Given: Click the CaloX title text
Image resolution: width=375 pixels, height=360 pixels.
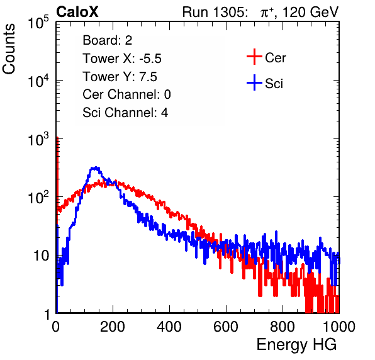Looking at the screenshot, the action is (x=77, y=12).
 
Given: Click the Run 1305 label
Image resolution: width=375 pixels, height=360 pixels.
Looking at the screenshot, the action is (x=215, y=12).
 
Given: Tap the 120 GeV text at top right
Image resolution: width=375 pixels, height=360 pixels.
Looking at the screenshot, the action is (x=311, y=12).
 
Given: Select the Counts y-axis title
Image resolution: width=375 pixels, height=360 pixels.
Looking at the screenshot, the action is (x=9, y=49).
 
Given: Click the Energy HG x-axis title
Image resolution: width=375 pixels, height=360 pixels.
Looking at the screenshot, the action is (x=296, y=345).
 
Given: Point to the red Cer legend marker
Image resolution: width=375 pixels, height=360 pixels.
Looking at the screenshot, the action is (x=254, y=57).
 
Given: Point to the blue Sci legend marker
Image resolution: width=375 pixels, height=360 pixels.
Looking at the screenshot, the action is (x=254, y=82).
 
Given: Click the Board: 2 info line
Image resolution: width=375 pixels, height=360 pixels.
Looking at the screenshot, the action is (x=108, y=40).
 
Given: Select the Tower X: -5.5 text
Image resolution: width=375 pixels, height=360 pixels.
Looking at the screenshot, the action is (x=122, y=59).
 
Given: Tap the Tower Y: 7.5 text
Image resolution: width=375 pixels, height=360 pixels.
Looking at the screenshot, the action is (x=120, y=77).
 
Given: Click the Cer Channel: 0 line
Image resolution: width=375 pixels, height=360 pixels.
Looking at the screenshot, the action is (x=126, y=94).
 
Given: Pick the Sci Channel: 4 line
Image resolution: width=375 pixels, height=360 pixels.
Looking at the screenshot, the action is (x=125, y=113).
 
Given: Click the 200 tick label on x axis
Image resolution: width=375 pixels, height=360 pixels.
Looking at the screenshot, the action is (x=113, y=327).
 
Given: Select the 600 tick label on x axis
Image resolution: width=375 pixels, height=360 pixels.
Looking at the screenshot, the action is (x=226, y=327).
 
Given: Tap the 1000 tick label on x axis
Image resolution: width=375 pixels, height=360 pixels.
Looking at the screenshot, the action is (x=339, y=327).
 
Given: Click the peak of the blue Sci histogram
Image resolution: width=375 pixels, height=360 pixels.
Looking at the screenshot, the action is (x=96, y=167).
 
